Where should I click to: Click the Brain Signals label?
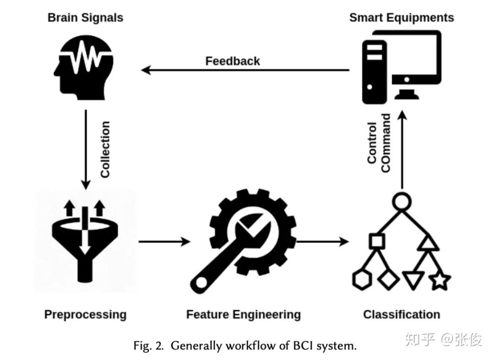click(x=85, y=18)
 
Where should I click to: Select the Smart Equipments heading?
click(x=401, y=18)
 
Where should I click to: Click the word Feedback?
click(x=232, y=61)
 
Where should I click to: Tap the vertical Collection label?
click(x=105, y=149)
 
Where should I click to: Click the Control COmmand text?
click(x=379, y=143)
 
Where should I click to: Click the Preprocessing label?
click(x=85, y=315)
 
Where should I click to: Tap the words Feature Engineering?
click(x=243, y=315)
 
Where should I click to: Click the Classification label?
click(x=401, y=315)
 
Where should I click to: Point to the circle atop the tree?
click(x=401, y=201)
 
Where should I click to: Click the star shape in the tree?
click(x=440, y=280)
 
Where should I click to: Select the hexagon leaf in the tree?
click(x=362, y=280)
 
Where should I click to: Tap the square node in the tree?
click(x=376, y=241)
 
